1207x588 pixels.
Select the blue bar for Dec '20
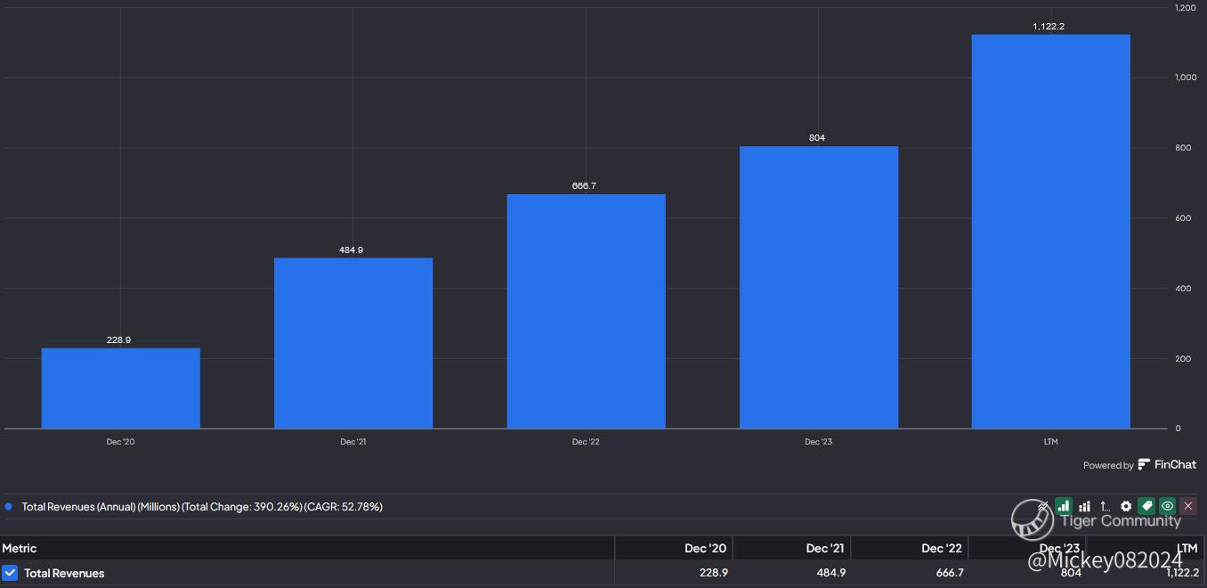(x=121, y=388)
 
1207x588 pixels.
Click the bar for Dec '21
(x=353, y=343)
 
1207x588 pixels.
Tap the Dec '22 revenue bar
(x=587, y=311)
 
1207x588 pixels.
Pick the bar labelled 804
(x=819, y=287)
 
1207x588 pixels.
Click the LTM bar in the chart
(x=1051, y=232)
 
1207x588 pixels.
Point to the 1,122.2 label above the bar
(x=1049, y=27)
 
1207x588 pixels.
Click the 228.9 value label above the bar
(x=118, y=339)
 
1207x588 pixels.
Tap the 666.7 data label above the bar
(x=584, y=186)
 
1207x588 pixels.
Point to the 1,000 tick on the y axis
(x=1186, y=78)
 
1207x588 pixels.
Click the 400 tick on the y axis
(x=1183, y=288)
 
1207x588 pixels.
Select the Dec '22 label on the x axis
(x=586, y=442)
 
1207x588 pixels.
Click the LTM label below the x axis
(x=1050, y=442)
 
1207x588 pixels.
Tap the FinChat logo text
(x=1175, y=464)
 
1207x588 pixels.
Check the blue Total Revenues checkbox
(x=10, y=573)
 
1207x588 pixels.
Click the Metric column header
(x=20, y=548)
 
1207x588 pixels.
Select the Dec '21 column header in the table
(x=825, y=548)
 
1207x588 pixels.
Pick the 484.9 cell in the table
(x=830, y=572)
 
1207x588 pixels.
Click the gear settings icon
(x=1126, y=506)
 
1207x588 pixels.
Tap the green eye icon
(x=1167, y=506)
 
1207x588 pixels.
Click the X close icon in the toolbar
(x=1188, y=506)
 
